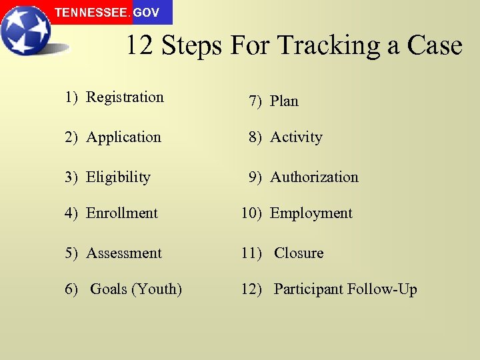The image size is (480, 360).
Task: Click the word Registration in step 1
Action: pos(125,97)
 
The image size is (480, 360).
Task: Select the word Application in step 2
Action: pos(123,137)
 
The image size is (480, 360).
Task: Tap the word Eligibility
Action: pos(118,177)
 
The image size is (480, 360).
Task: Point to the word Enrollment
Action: pos(121,213)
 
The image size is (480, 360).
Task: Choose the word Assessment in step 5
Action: pos(124,253)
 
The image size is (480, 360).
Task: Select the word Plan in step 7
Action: pos(284,101)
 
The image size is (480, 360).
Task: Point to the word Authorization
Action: pos(314,177)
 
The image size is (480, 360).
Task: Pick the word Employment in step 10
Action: pos(311,213)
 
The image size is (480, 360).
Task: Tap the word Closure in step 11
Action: pos(299,253)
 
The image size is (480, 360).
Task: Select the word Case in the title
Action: pos(434,46)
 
